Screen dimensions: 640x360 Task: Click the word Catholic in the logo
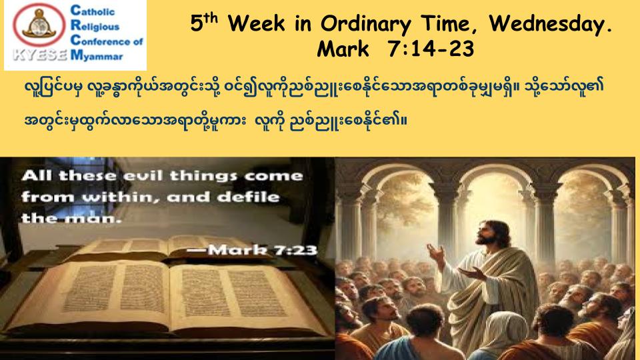coord(93,11)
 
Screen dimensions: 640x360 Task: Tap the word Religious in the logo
coord(95,26)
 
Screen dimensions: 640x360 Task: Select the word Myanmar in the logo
coord(97,55)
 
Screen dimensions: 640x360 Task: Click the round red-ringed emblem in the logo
coord(39,25)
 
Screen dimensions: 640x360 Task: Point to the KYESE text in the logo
coord(39,55)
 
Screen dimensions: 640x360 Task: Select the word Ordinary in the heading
coord(365,25)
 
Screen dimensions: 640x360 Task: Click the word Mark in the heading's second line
coord(343,49)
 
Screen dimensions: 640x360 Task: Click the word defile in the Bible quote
coord(249,197)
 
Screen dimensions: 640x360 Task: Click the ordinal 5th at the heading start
coord(204,23)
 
